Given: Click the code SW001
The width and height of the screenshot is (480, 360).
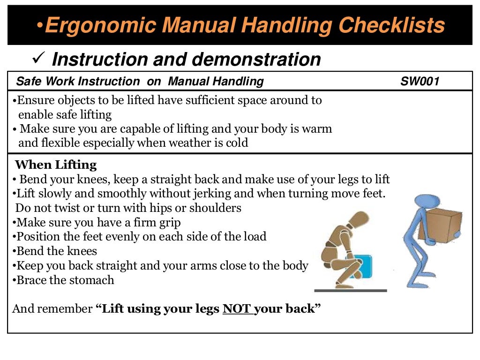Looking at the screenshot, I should (x=420, y=82).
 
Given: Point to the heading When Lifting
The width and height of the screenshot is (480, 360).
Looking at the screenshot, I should (x=56, y=165).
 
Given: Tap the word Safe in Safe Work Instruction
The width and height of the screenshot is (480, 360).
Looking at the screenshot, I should (x=27, y=82).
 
